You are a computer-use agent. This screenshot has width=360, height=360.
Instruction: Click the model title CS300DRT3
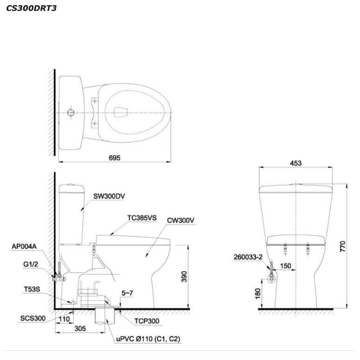pos(31,8)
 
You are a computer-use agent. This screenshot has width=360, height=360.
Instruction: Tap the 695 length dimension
pos(114,158)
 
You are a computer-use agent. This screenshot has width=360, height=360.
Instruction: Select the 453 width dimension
pos(295,163)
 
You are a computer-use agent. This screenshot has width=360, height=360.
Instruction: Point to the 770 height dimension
pos(342,246)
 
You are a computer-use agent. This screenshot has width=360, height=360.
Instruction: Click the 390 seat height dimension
pos(184,276)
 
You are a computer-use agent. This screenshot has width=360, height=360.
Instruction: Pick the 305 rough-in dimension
pos(80,328)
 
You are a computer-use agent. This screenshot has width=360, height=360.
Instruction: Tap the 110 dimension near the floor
pos(64,319)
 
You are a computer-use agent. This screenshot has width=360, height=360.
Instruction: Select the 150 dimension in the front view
pos(286,266)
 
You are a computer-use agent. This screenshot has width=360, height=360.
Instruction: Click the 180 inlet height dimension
pos(258,293)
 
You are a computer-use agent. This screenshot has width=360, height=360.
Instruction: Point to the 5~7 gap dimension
pos(127,293)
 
